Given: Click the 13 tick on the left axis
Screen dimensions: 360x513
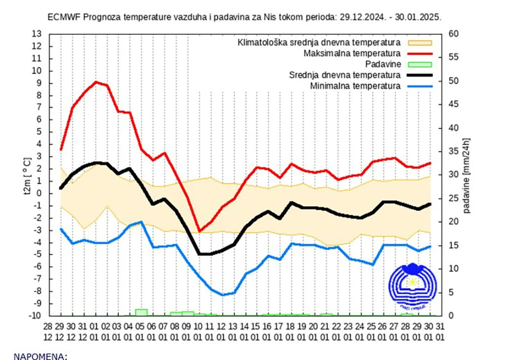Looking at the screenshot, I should click(x=37, y=34).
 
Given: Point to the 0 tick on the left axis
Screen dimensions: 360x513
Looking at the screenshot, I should click(x=39, y=193).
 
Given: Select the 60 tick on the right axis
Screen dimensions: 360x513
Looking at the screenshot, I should click(x=452, y=34).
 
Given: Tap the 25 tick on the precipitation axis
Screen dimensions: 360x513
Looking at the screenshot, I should click(x=452, y=199).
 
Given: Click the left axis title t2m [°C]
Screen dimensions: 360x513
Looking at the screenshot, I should click(x=26, y=175).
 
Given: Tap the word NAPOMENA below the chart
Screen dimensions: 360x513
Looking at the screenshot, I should click(x=40, y=356).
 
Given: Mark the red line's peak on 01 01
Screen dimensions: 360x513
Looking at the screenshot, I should click(x=96, y=82).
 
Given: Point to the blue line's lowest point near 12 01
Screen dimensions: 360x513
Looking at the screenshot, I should click(x=222, y=295).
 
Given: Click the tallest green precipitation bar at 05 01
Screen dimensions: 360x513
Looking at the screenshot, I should click(x=141, y=312).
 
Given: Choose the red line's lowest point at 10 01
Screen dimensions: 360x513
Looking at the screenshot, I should click(x=199, y=231).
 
